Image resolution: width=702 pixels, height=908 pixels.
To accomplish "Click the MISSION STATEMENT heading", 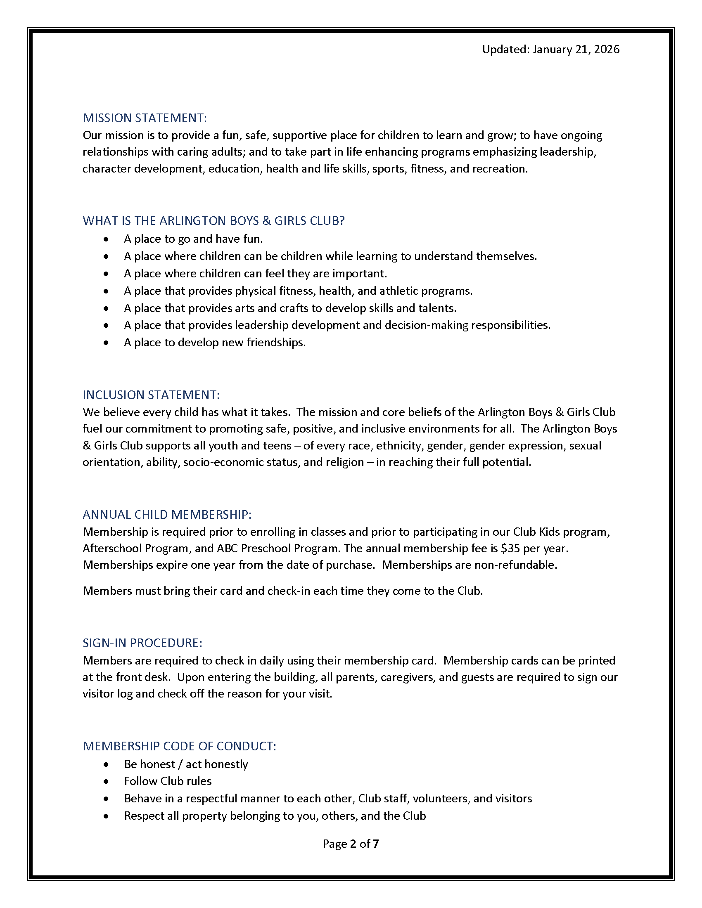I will pyautogui.click(x=144, y=118).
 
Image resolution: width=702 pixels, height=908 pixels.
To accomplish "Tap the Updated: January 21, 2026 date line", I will pyautogui.click(x=550, y=50).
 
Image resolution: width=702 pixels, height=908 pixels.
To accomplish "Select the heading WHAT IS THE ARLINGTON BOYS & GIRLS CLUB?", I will pyautogui.click(x=213, y=221).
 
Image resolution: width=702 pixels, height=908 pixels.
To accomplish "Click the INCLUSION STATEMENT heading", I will pyautogui.click(x=151, y=395).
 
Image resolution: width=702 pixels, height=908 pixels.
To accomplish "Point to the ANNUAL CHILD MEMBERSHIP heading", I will pyautogui.click(x=167, y=515).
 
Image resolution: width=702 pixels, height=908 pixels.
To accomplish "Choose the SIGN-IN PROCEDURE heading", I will pyautogui.click(x=142, y=643).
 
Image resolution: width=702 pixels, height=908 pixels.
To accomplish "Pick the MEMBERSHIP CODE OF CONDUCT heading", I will pyautogui.click(x=179, y=746).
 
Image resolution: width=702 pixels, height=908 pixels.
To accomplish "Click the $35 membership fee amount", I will pyautogui.click(x=510, y=549).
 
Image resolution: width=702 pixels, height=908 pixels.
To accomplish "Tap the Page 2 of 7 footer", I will pyautogui.click(x=351, y=844).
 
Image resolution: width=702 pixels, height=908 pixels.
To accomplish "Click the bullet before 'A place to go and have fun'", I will pyautogui.click(x=107, y=239).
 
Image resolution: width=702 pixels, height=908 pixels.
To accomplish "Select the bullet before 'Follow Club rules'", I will pyautogui.click(x=107, y=782).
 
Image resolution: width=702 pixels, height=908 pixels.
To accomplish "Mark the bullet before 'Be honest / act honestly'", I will pyautogui.click(x=107, y=764).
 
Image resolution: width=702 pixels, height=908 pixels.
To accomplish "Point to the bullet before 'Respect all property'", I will pyautogui.click(x=107, y=816).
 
